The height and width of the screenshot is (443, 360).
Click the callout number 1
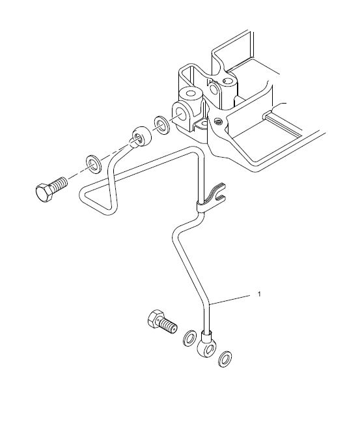coord(259,294)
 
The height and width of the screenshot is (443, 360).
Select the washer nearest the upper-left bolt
coord(93,164)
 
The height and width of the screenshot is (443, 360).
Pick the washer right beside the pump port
coord(161,124)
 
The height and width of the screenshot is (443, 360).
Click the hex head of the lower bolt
coord(156,319)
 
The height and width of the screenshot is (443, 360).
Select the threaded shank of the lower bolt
coord(169,327)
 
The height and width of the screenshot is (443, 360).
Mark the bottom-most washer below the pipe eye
coord(225,359)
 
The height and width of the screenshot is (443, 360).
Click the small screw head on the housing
coord(218,122)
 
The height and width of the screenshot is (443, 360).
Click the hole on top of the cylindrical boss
coord(192,93)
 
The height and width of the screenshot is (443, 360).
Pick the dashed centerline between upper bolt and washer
coord(76,173)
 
